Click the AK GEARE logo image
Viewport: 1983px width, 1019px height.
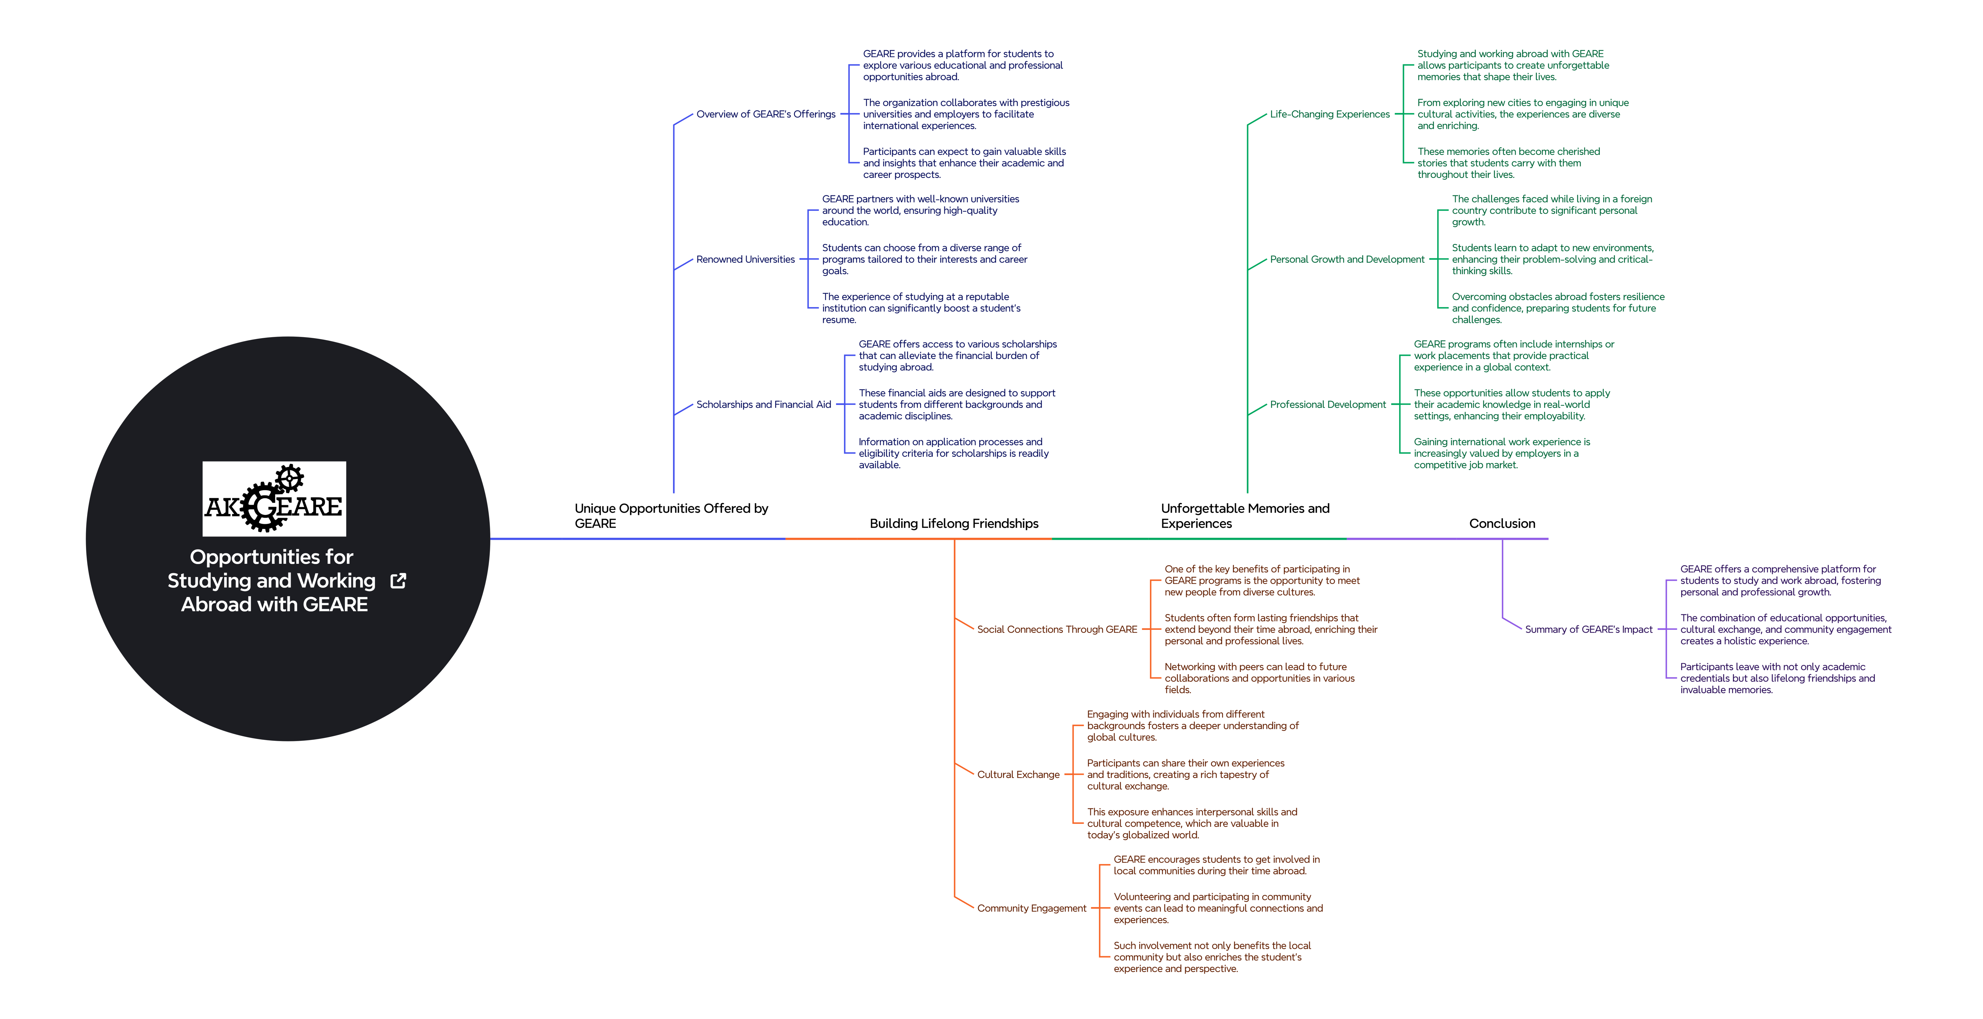pos(274,499)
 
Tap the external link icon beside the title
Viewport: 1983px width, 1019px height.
pos(398,581)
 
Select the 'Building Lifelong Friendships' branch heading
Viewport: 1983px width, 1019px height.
pos(954,523)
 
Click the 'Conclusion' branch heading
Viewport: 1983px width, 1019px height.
pos(1502,523)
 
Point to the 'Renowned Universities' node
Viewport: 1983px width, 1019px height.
pos(745,259)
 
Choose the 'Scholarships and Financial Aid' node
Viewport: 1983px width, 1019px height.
pos(764,405)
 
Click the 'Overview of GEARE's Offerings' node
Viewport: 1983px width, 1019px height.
pos(766,114)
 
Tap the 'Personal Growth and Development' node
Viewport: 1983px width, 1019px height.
pos(1347,259)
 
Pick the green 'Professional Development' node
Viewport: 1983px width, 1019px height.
pos(1328,405)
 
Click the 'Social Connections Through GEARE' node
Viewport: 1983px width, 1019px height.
pos(1057,630)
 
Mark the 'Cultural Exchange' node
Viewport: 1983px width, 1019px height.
pos(1018,775)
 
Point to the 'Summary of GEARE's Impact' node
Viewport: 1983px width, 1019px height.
pos(1589,630)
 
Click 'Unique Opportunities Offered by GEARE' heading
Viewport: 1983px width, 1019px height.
pos(671,516)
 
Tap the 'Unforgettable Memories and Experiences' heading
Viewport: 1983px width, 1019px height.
pos(1245,516)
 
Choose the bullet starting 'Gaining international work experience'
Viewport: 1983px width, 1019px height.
pos(1502,453)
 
